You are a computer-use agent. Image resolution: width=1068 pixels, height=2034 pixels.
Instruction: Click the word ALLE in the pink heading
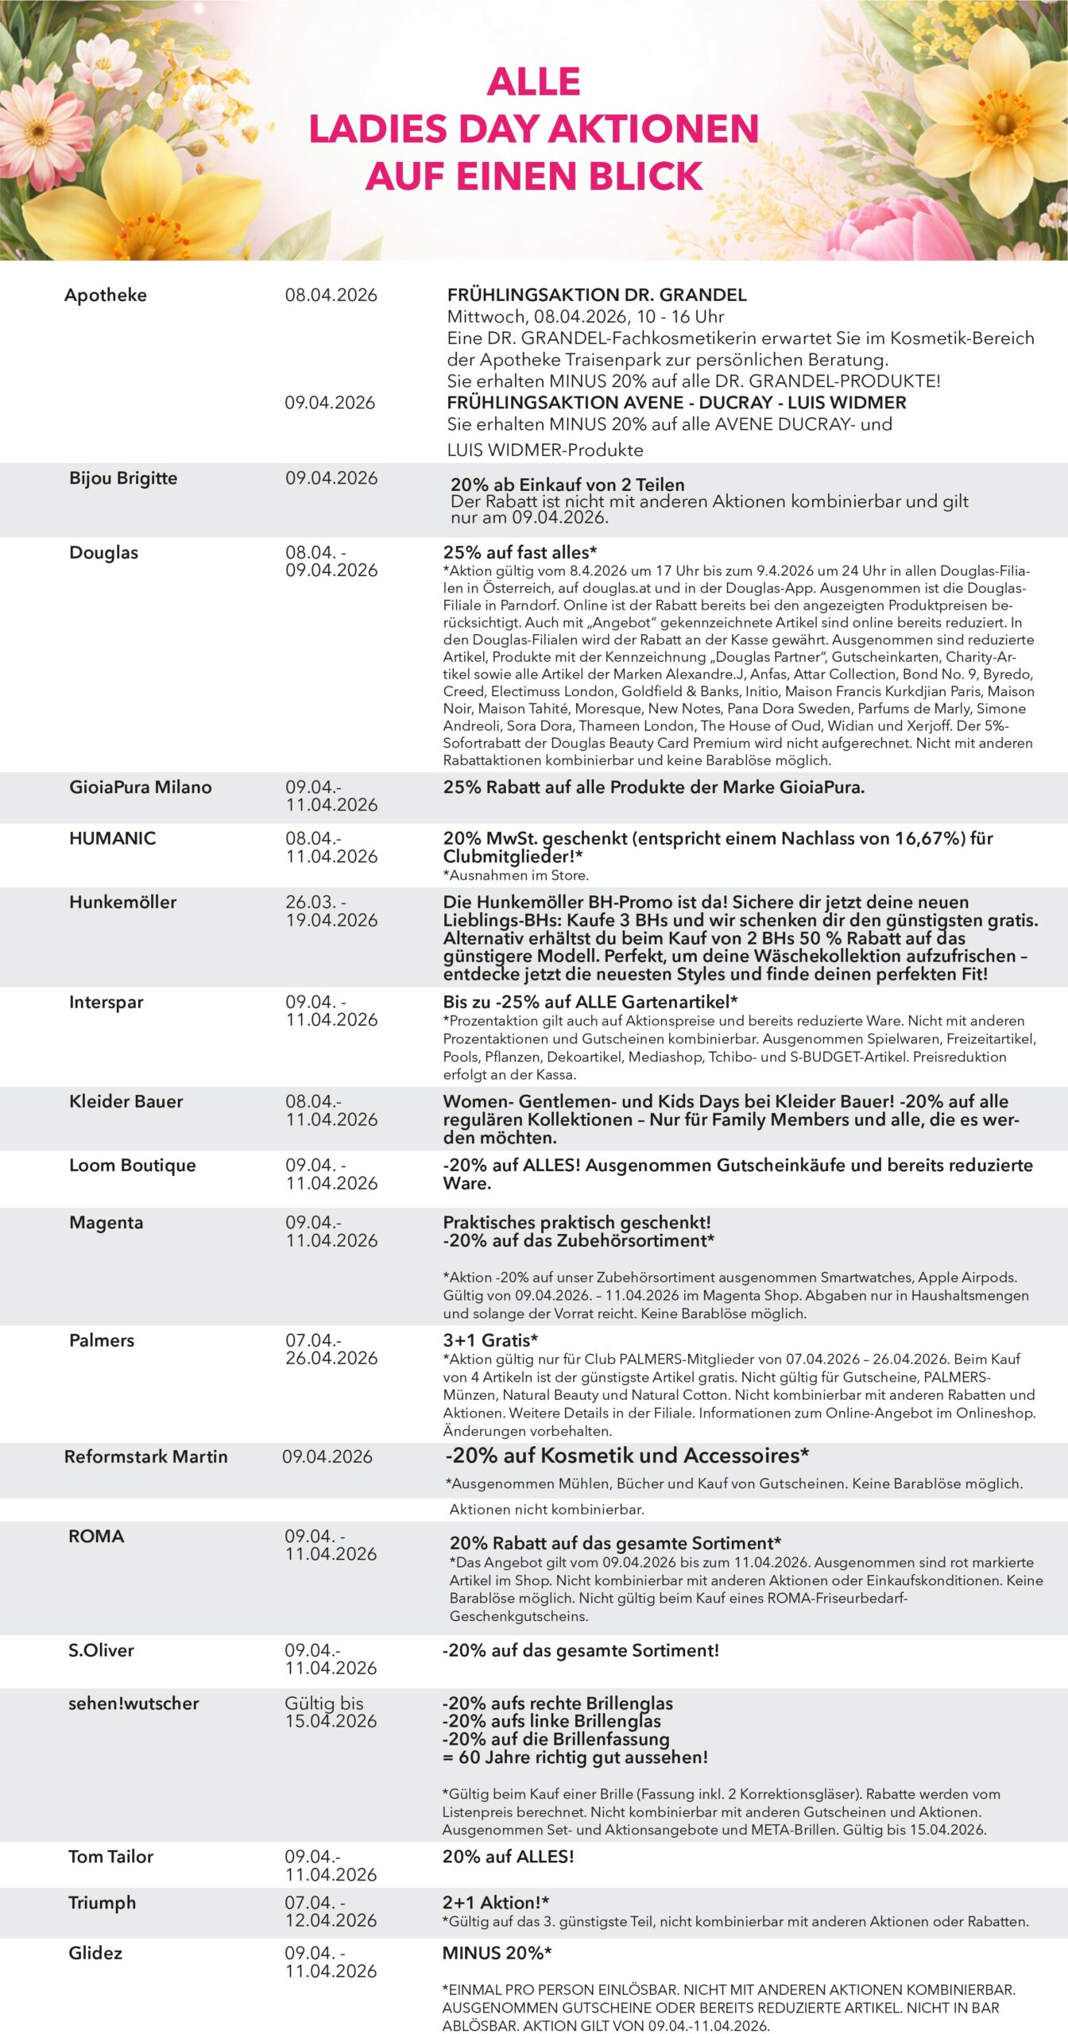(533, 81)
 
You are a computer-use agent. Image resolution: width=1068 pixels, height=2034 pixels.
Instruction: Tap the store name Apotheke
(106, 295)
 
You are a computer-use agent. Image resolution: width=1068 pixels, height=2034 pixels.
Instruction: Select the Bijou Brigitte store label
(123, 478)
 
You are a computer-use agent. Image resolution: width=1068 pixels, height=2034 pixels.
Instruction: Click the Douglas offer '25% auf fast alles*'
(520, 552)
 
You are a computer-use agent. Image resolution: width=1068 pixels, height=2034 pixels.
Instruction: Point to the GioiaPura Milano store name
(141, 787)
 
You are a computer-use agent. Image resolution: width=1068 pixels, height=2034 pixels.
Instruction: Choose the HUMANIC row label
(112, 838)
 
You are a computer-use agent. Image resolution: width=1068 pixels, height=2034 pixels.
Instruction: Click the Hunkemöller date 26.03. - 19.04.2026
(331, 911)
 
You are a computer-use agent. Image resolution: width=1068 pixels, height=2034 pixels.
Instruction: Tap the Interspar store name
(106, 1002)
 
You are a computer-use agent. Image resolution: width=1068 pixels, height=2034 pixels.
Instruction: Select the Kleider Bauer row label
(126, 1101)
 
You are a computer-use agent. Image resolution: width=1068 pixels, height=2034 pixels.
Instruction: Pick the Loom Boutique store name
(132, 1166)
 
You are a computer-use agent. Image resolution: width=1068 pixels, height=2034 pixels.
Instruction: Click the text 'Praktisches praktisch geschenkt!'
(577, 1222)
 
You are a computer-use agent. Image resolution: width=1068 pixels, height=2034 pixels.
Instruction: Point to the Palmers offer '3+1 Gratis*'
(490, 1340)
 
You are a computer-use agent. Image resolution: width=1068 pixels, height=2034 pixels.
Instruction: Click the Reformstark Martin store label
(145, 1456)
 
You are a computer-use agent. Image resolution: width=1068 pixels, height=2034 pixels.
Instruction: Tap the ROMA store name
(96, 1536)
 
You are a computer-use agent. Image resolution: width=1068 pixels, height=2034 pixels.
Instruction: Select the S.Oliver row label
(101, 1650)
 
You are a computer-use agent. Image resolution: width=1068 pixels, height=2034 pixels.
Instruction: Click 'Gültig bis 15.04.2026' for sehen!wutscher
(331, 1712)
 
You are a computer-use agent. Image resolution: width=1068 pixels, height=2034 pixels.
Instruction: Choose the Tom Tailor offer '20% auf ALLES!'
(508, 1857)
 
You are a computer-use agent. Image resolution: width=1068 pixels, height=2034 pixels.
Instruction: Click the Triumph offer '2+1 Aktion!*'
(496, 1903)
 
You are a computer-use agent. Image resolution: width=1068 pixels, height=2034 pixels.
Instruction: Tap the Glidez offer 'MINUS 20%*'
(497, 1953)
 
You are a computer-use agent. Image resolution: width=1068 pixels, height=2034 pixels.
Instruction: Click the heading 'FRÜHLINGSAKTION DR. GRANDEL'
(597, 295)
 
